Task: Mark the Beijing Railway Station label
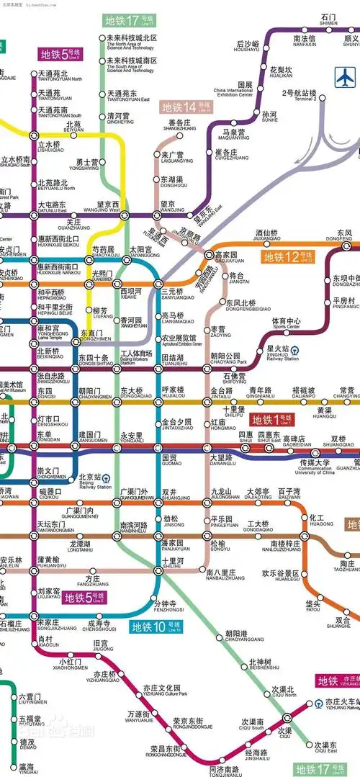[x=89, y=480]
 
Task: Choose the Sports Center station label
[x=286, y=323]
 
